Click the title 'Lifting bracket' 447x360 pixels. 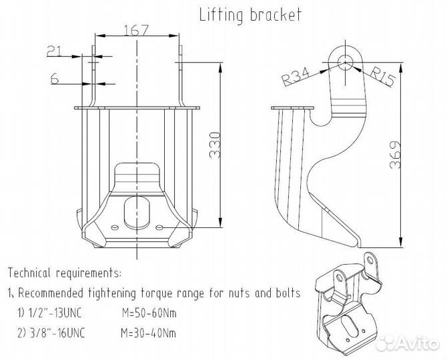(x=250, y=15)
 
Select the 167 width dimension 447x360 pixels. (x=137, y=30)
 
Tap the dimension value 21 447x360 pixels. (x=54, y=51)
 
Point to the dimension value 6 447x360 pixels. (x=55, y=78)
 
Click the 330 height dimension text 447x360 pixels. (x=215, y=145)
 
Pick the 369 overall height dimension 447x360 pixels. (x=396, y=155)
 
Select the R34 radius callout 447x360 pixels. (x=296, y=76)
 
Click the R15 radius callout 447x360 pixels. (x=382, y=76)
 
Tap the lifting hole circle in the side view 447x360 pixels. (x=345, y=63)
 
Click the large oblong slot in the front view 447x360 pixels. (x=137, y=211)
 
